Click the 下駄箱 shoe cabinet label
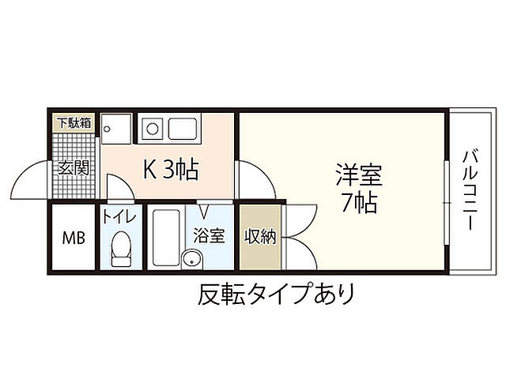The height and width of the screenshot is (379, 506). click(73, 123)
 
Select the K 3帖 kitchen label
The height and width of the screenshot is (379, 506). click(169, 169)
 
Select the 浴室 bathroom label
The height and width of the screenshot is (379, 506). click(210, 235)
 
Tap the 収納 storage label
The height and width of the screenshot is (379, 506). click(260, 236)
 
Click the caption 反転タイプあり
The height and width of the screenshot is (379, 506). click(275, 295)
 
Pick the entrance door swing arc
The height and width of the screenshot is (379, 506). click(33, 180)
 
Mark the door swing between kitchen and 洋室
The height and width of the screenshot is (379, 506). click(255, 180)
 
